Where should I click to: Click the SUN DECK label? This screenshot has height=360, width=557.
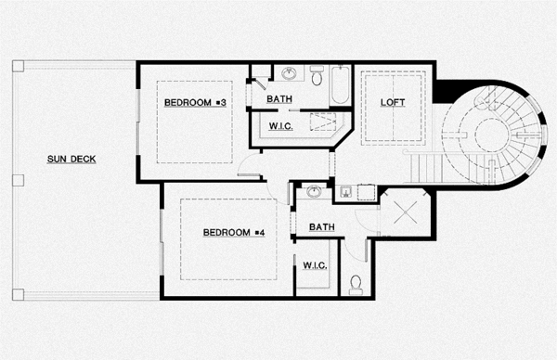point(71,159)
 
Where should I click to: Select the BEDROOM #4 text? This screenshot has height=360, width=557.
point(234,232)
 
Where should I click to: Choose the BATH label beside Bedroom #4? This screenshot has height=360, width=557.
point(322,226)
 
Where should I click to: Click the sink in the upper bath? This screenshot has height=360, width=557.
point(288,73)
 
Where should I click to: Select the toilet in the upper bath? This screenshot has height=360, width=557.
point(317,78)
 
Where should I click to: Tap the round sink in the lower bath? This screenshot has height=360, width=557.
point(314,192)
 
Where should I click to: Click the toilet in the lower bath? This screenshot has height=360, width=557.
point(356,284)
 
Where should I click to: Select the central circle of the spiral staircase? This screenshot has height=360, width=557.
point(493,134)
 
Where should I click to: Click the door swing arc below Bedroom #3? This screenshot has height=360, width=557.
point(248,167)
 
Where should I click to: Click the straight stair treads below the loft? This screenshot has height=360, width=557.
point(428,167)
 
